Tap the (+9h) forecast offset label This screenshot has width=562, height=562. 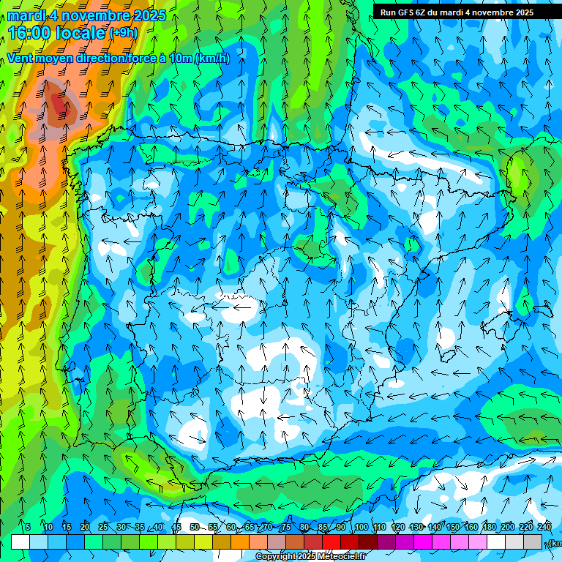point(122,32)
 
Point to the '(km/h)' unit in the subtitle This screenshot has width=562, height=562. point(212,59)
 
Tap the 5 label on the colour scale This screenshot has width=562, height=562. point(28,528)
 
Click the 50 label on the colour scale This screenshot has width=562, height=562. point(194,528)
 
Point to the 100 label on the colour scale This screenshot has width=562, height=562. point(361,528)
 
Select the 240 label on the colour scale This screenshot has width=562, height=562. point(544,528)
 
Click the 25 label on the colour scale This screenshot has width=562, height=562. point(102,528)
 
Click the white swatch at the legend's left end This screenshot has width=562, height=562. point(20,542)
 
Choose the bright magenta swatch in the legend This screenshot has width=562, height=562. point(423,542)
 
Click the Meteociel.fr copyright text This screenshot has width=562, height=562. point(310,557)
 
